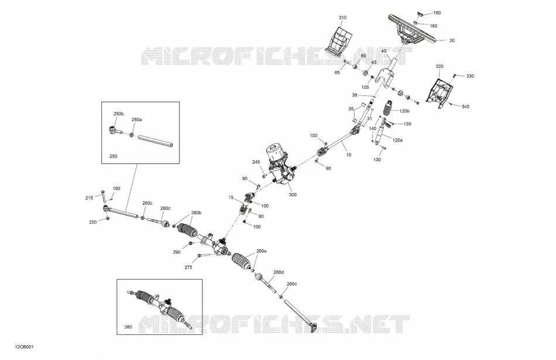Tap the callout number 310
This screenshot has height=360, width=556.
point(342,18)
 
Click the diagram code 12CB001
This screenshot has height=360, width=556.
point(24,347)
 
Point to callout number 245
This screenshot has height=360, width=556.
point(256,162)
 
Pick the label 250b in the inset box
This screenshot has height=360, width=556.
point(118,114)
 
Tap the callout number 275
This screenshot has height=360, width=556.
point(188,267)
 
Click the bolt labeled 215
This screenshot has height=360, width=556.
point(104,196)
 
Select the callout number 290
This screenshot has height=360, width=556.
point(177,252)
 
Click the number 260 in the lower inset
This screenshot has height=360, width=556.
point(128,327)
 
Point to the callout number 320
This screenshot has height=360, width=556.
point(440,66)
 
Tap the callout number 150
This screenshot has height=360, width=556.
point(437,13)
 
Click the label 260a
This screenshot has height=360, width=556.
point(262,251)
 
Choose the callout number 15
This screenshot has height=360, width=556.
point(231,197)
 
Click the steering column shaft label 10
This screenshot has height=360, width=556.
point(349,155)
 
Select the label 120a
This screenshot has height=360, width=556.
point(397,140)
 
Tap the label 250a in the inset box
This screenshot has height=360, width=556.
point(136,119)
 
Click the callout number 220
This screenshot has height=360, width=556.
point(92,222)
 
